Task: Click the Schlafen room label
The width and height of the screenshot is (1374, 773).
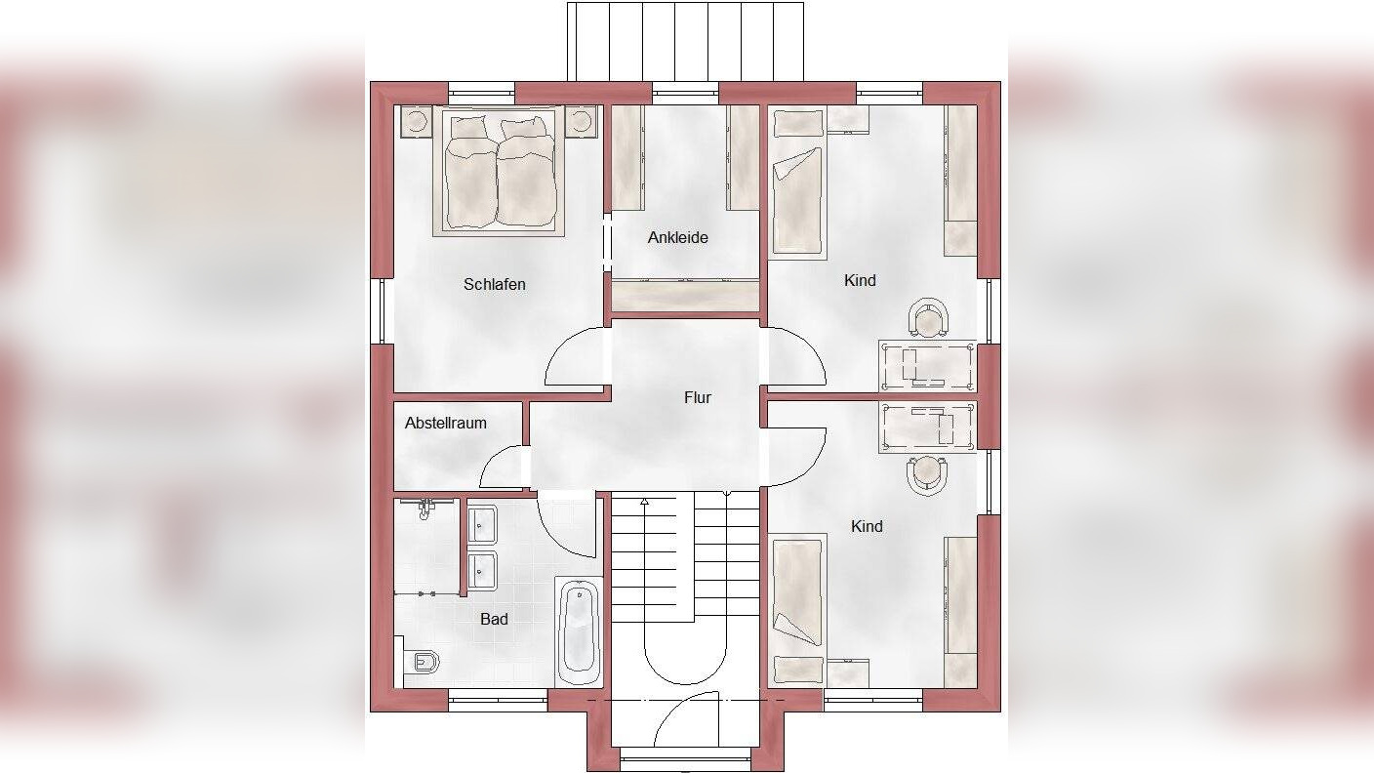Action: (495, 285)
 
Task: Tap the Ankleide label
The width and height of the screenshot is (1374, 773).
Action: (678, 237)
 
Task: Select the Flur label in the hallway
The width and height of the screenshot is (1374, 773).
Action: (698, 397)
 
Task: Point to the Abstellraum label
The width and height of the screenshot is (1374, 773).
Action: (446, 423)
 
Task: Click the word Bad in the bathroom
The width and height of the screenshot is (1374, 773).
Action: (494, 619)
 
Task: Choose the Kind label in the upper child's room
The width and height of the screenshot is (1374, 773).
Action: (860, 280)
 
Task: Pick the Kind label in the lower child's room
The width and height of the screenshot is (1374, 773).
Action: (867, 526)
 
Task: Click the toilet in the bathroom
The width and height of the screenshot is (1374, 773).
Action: (424, 662)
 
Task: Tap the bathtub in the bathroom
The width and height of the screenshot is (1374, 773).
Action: (579, 631)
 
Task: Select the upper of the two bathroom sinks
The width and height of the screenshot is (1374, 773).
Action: (482, 524)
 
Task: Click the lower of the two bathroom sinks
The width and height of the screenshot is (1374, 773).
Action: (482, 571)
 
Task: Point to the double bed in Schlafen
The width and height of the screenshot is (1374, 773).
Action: (498, 171)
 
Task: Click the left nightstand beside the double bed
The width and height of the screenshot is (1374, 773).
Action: (417, 121)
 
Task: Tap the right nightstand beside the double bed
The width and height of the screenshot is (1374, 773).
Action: (581, 121)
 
